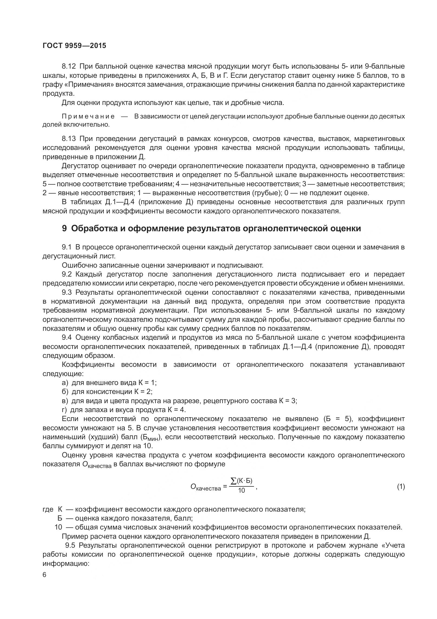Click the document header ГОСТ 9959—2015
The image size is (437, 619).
click(x=74, y=46)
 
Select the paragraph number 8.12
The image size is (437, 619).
click(x=69, y=66)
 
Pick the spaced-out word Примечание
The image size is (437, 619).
click(x=88, y=117)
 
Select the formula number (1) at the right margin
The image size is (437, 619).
click(x=401, y=487)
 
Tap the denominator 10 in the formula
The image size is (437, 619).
click(x=241, y=490)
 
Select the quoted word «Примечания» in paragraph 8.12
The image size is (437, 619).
click(x=88, y=85)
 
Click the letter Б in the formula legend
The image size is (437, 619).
click(x=60, y=518)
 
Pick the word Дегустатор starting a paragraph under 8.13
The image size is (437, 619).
click(x=80, y=166)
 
